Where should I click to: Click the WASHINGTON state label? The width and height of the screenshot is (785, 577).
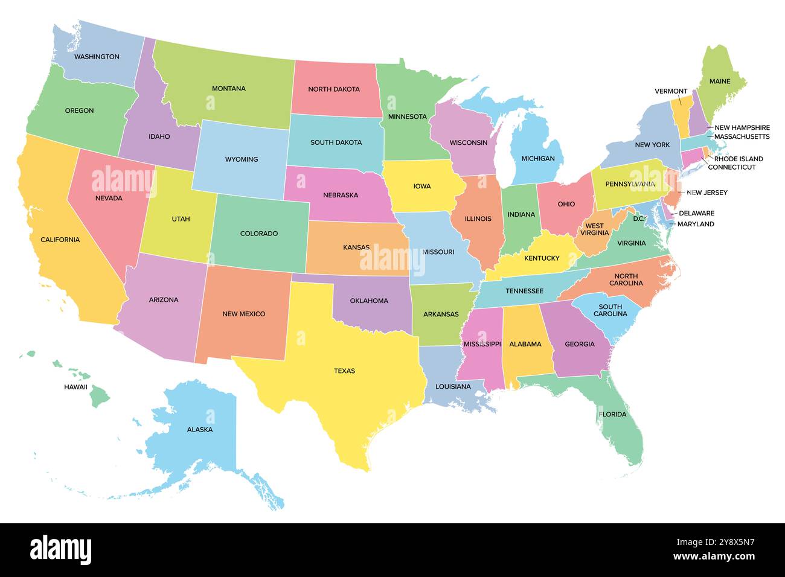pos(97,57)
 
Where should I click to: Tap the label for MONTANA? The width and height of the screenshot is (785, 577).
pos(228,89)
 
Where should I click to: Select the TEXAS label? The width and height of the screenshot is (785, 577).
pos(344,371)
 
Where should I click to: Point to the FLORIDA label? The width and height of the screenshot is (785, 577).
pos(612,415)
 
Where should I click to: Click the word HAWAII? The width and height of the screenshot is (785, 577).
pos(75,387)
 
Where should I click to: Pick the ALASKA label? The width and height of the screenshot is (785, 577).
pos(199,430)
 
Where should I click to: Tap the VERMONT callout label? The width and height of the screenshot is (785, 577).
pos(670,92)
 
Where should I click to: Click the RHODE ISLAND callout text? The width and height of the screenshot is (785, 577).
pos(738,159)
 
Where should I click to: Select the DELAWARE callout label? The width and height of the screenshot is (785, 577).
pos(696,213)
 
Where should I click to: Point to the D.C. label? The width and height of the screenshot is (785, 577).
pos(639,218)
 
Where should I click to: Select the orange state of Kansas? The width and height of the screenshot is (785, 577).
pos(353,257)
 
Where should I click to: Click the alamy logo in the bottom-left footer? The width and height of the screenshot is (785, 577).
pos(60,550)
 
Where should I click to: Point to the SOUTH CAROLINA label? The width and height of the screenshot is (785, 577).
pos(610,310)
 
